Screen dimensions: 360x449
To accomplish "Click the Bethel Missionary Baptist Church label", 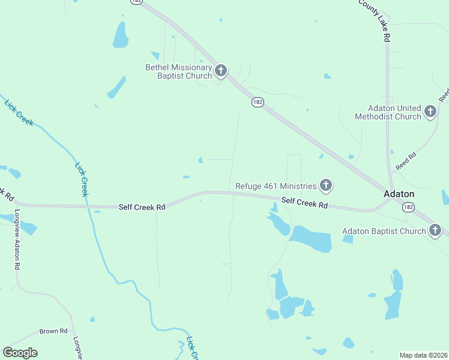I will pos(179,71).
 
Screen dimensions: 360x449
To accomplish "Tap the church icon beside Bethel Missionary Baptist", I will pos(221,71).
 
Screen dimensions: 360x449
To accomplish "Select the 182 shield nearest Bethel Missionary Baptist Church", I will pos(258,103).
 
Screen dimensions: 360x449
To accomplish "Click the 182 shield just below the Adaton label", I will pos(408,207).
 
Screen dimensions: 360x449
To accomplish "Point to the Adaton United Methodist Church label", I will pos(387,112).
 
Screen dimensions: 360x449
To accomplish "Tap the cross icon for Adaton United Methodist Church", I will pos(430,112).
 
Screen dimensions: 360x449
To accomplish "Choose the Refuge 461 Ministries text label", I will pos(276,186).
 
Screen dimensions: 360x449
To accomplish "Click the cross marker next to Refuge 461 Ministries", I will pos(325,185).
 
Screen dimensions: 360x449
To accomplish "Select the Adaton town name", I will pos(399,194).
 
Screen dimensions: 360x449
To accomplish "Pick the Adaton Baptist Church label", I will pos(384,231).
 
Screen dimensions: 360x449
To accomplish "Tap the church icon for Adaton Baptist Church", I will pos(435,230).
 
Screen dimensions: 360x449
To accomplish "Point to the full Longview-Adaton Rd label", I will pos(17,240).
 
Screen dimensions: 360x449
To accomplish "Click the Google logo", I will pos(20,352).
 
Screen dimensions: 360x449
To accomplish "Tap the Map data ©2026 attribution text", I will pos(423,355).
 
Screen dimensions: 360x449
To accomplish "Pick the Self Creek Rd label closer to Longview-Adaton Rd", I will pos(142,207).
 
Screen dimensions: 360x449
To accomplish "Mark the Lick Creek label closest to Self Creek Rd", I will pos(82,179).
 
